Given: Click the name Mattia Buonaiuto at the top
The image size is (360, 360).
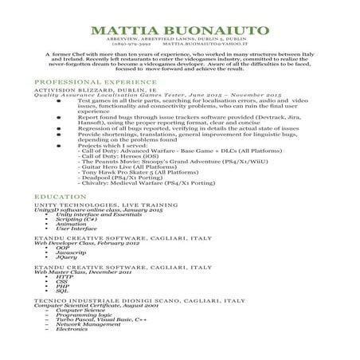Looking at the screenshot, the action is (x=179, y=31).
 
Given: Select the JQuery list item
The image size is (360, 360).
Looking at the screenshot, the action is (x=66, y=280).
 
